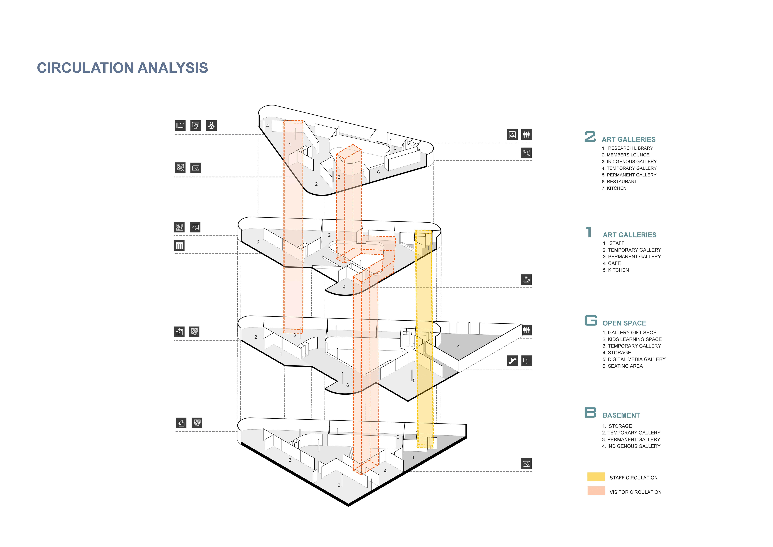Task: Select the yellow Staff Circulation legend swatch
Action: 596,477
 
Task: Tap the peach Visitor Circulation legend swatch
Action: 596,491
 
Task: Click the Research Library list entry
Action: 628,148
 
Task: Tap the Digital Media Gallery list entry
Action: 634,359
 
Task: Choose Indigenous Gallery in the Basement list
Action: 631,446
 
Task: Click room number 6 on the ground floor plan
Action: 347,385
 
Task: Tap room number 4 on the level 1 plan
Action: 344,287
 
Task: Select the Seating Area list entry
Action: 623,366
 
